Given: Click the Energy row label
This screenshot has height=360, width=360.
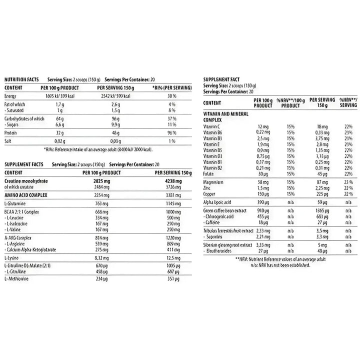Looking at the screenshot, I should [10, 95].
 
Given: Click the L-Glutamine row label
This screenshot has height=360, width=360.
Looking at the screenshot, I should [15, 204].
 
